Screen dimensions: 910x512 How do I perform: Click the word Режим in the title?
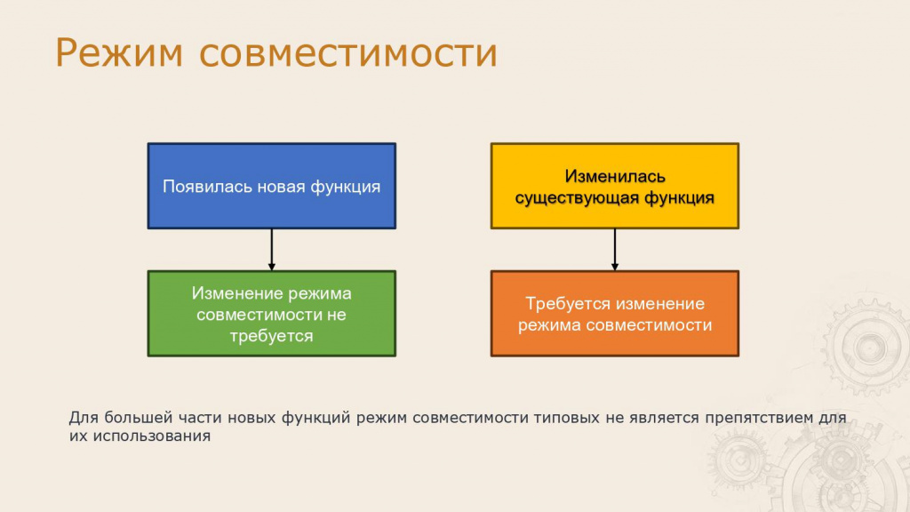coord(119,52)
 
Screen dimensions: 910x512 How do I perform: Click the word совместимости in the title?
coord(348,52)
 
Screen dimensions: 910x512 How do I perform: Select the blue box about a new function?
coord(272,186)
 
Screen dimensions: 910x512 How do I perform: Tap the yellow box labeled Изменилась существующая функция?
coord(615,186)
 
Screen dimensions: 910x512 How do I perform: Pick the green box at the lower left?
coord(272,314)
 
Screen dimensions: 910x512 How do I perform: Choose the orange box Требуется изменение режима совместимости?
coord(615,314)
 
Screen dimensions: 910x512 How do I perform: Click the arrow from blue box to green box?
coord(272,250)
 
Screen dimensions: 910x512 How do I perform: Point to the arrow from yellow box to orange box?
coord(615,250)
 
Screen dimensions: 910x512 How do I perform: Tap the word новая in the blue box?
coord(281,187)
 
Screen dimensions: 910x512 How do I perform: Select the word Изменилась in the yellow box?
coord(615,176)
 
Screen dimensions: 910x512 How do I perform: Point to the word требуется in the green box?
coord(271,336)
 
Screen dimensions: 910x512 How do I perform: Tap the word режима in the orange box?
coord(549,325)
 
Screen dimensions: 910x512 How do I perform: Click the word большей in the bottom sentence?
coord(138,418)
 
